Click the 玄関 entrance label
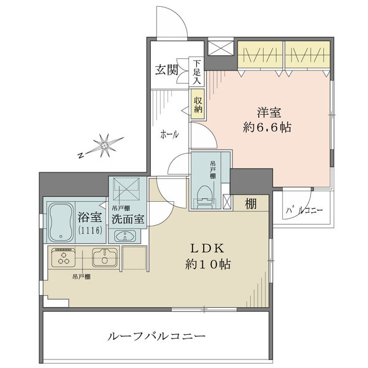[166, 69]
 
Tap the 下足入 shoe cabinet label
[197, 72]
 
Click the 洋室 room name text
[269, 113]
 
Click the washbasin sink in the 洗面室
[128, 236]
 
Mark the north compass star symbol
[105, 145]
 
